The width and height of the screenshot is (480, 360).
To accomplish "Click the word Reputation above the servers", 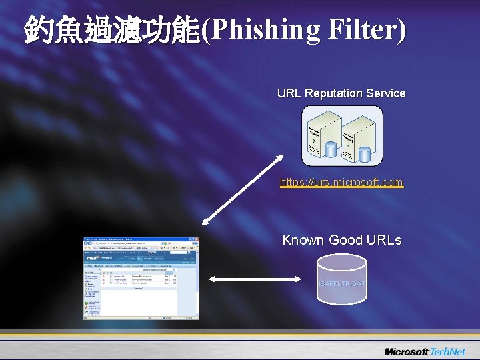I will tap(333, 93).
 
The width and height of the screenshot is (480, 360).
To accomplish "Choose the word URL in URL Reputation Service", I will tap(289, 93).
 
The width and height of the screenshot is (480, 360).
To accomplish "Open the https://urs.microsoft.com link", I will tap(341, 182).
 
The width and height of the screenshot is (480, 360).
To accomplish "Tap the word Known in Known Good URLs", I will tap(303, 240).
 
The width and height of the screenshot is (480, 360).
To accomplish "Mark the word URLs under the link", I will tap(384, 240).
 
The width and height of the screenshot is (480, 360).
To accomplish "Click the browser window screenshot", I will tap(141, 278).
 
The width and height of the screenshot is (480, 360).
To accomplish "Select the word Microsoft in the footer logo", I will tap(406, 351).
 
